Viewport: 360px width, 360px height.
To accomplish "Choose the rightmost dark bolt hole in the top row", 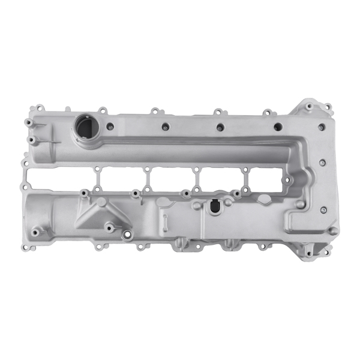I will (277, 127).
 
